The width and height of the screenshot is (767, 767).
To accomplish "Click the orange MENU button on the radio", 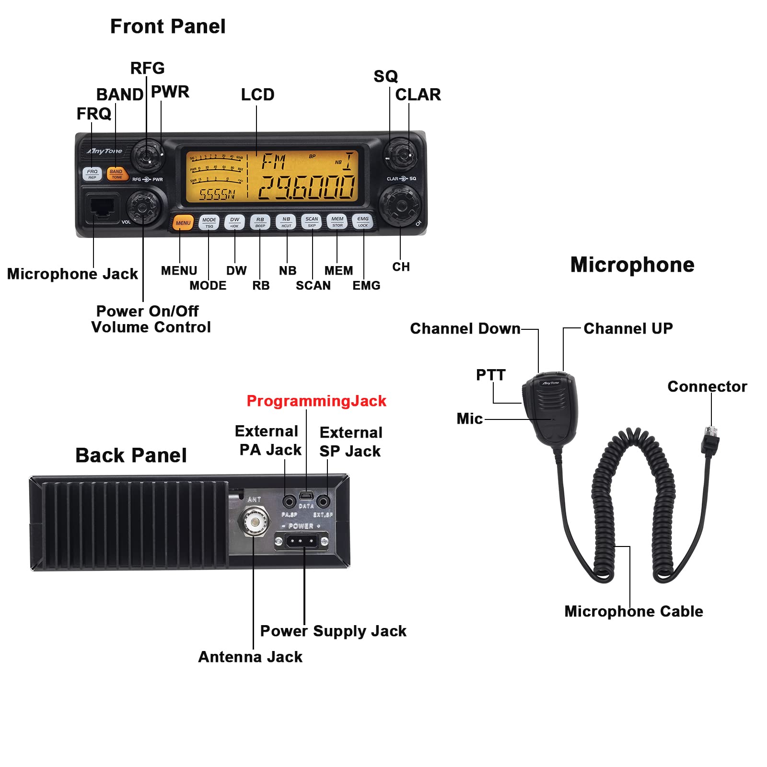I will tap(183, 223).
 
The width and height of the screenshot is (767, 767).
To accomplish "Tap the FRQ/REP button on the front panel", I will tap(92, 174).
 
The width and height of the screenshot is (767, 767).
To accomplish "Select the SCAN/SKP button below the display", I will tap(312, 221).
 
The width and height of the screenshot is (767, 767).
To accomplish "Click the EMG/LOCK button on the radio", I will tap(363, 221).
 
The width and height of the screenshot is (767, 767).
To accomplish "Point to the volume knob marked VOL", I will tap(142, 206).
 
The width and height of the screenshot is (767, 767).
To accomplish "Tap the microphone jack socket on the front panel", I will tap(102, 207).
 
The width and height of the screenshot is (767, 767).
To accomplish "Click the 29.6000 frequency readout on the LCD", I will tap(307, 187).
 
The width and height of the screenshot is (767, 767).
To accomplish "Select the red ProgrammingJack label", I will tap(316, 401).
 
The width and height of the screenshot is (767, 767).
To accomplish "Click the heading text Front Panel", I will tap(168, 26).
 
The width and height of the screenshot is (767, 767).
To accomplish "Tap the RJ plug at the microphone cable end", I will tap(710, 439).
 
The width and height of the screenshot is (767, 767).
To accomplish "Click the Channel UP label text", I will tap(628, 328).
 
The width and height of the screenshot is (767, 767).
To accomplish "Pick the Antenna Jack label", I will tap(250, 657).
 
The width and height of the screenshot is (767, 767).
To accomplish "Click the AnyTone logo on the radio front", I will tap(105, 151).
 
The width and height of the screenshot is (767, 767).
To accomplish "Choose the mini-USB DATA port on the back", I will tap(306, 495).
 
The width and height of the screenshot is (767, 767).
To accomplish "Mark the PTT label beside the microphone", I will tap(490, 375).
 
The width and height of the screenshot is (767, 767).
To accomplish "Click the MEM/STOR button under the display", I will tap(337, 221).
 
